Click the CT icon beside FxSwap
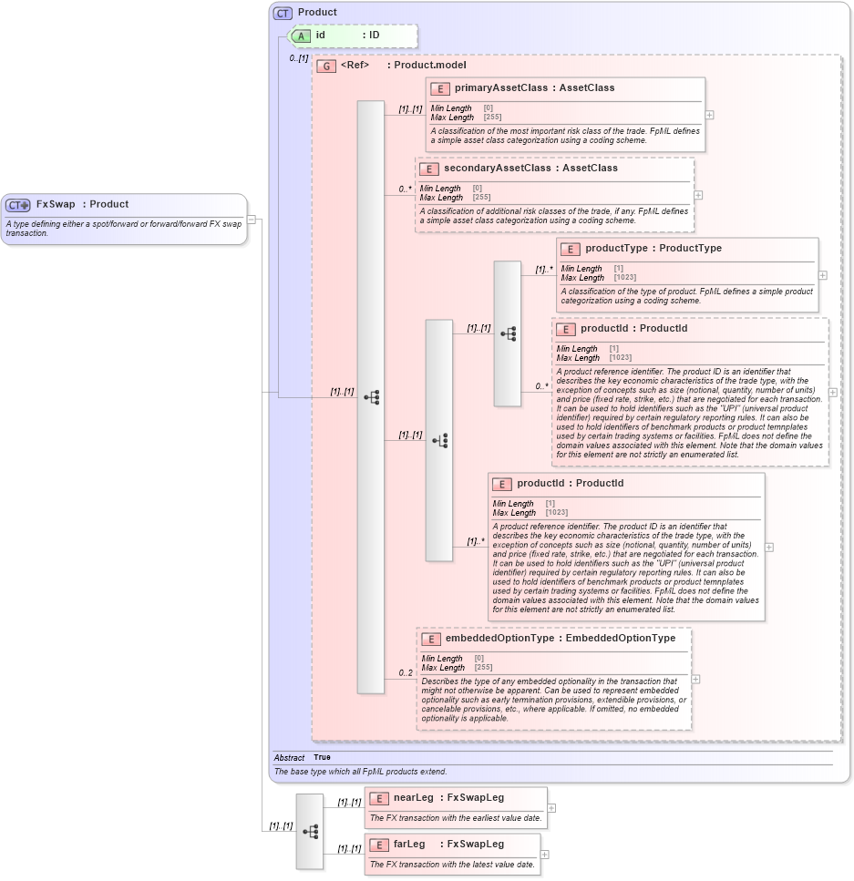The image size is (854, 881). click(x=18, y=205)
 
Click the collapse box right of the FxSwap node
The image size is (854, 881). click(x=252, y=220)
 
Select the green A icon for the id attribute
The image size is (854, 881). click(x=301, y=36)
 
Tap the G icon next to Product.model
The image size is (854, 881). click(x=326, y=67)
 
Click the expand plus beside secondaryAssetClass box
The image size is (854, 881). click(x=699, y=195)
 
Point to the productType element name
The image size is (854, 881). click(x=616, y=249)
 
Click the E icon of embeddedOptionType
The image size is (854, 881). click(x=431, y=639)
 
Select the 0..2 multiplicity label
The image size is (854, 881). click(x=406, y=673)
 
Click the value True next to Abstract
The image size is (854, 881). click(x=322, y=757)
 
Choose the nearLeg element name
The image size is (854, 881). click(x=413, y=798)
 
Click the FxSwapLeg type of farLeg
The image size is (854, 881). click(x=475, y=845)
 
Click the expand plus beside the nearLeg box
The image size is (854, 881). click(x=551, y=808)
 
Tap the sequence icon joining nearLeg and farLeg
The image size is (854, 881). click(x=310, y=831)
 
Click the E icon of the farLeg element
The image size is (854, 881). click(x=378, y=845)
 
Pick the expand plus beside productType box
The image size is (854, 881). click(x=823, y=275)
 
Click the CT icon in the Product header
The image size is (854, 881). click(x=283, y=13)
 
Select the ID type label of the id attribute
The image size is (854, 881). click(x=374, y=36)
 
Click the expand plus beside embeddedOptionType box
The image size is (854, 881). click(x=696, y=679)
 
